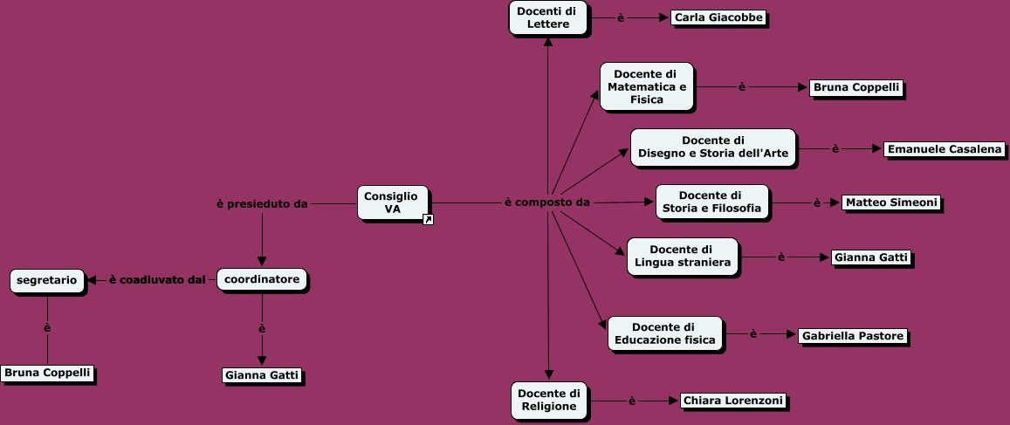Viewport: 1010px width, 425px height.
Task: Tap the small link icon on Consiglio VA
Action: (428, 220)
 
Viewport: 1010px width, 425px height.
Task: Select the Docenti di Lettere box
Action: (547, 17)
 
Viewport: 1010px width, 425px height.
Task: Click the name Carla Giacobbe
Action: (719, 17)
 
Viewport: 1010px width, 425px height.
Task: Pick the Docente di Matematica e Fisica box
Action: (647, 86)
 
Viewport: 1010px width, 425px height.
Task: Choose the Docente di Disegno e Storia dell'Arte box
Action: (712, 147)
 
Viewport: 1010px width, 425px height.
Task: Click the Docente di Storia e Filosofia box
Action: (711, 202)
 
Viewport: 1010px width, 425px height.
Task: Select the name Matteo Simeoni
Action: (891, 202)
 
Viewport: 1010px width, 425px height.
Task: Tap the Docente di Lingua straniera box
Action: (682, 257)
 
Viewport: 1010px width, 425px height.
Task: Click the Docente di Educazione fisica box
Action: (664, 333)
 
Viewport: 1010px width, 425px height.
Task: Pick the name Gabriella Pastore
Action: (852, 336)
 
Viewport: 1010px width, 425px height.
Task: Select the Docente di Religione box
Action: (549, 400)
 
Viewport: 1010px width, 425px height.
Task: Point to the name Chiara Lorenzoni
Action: (733, 401)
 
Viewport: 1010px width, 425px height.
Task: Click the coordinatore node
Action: (262, 280)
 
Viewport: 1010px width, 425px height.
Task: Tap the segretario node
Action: (47, 281)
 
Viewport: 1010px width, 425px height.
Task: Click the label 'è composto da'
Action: (547, 202)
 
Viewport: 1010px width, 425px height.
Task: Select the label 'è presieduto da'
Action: (262, 204)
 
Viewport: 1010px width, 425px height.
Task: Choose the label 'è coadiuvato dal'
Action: (157, 280)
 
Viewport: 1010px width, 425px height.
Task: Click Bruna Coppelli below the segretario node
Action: (47, 374)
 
